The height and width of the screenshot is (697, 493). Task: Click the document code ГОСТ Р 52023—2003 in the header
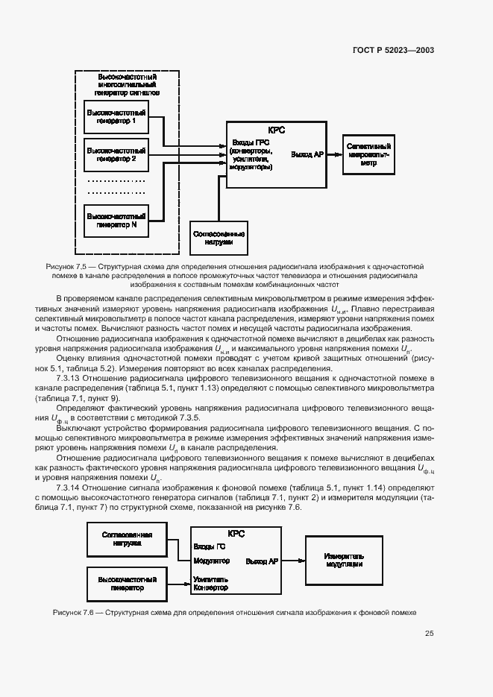click(393, 51)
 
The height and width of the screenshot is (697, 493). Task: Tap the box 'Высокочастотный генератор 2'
click(116, 154)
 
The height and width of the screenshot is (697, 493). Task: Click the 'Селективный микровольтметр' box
click(368, 154)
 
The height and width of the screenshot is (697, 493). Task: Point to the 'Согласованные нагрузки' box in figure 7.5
click(219, 239)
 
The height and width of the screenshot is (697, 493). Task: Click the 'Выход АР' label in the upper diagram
click(307, 154)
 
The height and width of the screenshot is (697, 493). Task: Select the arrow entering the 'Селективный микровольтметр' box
click(335, 154)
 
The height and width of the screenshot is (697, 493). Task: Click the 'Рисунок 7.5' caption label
click(66, 266)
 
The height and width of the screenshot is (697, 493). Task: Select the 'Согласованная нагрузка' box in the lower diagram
click(125, 539)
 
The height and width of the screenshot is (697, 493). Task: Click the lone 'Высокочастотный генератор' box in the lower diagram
click(125, 583)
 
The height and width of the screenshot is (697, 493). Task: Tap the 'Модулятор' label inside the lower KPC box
click(211, 560)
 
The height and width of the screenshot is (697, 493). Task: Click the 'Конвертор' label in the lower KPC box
click(211, 587)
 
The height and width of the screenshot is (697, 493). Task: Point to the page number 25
click(429, 634)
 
